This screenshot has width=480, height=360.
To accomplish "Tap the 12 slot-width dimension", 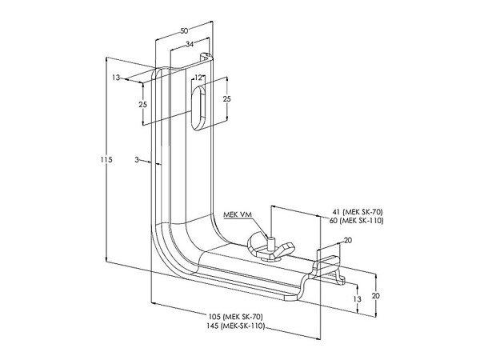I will (x=198, y=78).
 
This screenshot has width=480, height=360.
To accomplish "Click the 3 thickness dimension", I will (x=138, y=161).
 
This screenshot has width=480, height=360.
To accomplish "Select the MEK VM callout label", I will (x=236, y=214).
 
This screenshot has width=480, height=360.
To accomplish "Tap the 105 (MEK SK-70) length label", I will (x=238, y=318).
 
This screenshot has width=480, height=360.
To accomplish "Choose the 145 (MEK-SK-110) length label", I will (x=238, y=326).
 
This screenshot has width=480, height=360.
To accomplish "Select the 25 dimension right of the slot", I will (x=226, y=98).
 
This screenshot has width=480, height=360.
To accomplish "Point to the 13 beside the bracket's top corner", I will (x=117, y=78).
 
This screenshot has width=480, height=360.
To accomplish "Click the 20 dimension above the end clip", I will (x=347, y=239).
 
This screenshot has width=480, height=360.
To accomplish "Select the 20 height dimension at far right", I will (x=375, y=295).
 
